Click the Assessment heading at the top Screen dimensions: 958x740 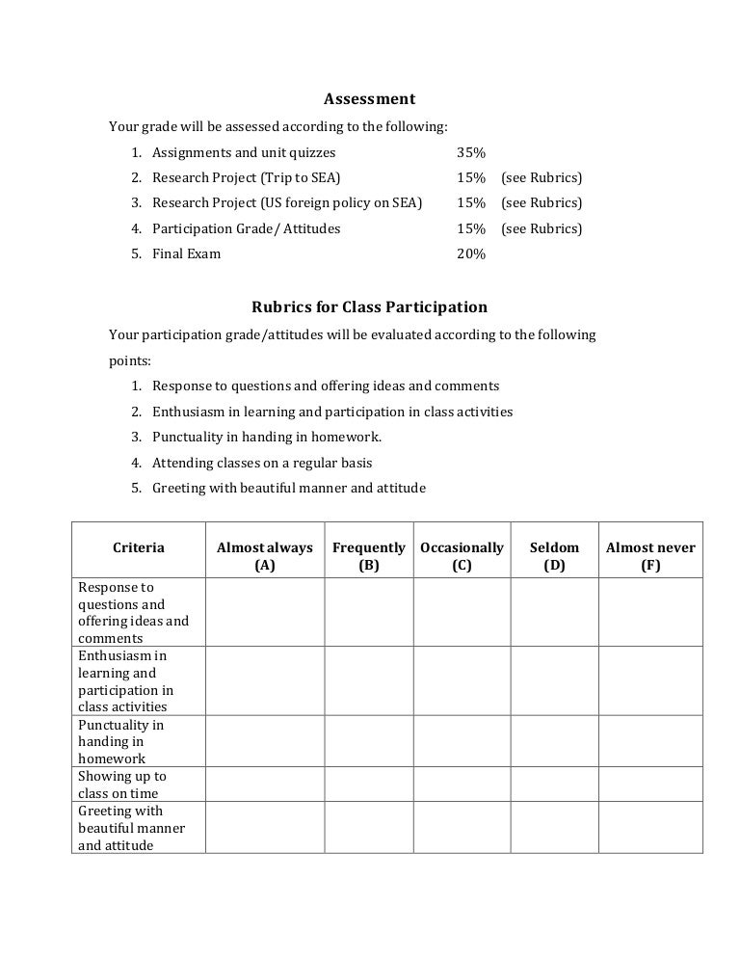pos(369,99)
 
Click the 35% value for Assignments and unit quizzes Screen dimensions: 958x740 pos(471,152)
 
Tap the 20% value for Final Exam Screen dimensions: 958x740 pos(471,254)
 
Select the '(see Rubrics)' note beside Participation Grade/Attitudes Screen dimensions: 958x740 pos(542,228)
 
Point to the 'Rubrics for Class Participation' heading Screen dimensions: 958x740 pos(369,307)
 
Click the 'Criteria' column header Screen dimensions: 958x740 pos(139,547)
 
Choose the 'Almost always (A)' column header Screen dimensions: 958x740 pos(265,556)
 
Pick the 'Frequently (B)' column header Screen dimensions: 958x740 pos(368,556)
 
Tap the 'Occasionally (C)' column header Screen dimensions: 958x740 pos(462,556)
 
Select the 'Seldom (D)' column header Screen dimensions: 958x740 pos(554,556)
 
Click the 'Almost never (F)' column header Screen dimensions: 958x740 pos(650,556)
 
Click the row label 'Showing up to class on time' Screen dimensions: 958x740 pos(122,785)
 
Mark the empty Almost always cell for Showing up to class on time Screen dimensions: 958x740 pos(265,785)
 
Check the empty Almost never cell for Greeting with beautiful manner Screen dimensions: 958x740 pos(650,828)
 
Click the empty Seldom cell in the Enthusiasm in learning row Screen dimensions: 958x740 pos(554,681)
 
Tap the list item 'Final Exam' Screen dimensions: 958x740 pos(186,254)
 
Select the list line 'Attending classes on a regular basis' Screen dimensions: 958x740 pos(262,463)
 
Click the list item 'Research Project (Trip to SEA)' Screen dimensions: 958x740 pos(247,177)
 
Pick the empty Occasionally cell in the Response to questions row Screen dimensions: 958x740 pos(462,612)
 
